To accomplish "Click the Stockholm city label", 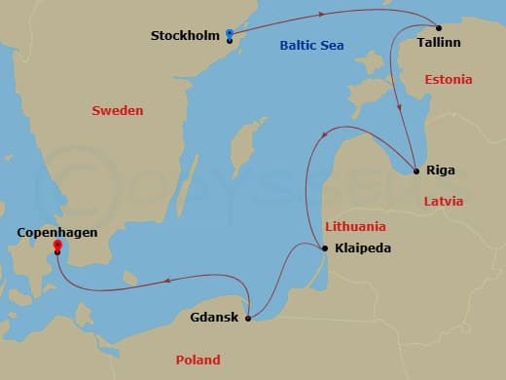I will (x=185, y=36).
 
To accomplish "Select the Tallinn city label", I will (x=439, y=44).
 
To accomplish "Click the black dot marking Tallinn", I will (x=438, y=27).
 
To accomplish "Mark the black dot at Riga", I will (x=416, y=171).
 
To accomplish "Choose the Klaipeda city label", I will (x=362, y=247).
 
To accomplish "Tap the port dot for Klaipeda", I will (x=324, y=247).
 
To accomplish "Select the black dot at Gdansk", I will (x=249, y=318).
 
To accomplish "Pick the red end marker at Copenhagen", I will (x=57, y=246).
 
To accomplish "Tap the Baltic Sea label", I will (x=310, y=45).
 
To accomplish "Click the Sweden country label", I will (x=117, y=111).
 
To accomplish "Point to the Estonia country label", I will (x=449, y=79).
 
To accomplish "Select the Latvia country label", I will (x=443, y=202).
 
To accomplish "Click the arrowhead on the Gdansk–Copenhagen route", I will (x=167, y=281).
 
